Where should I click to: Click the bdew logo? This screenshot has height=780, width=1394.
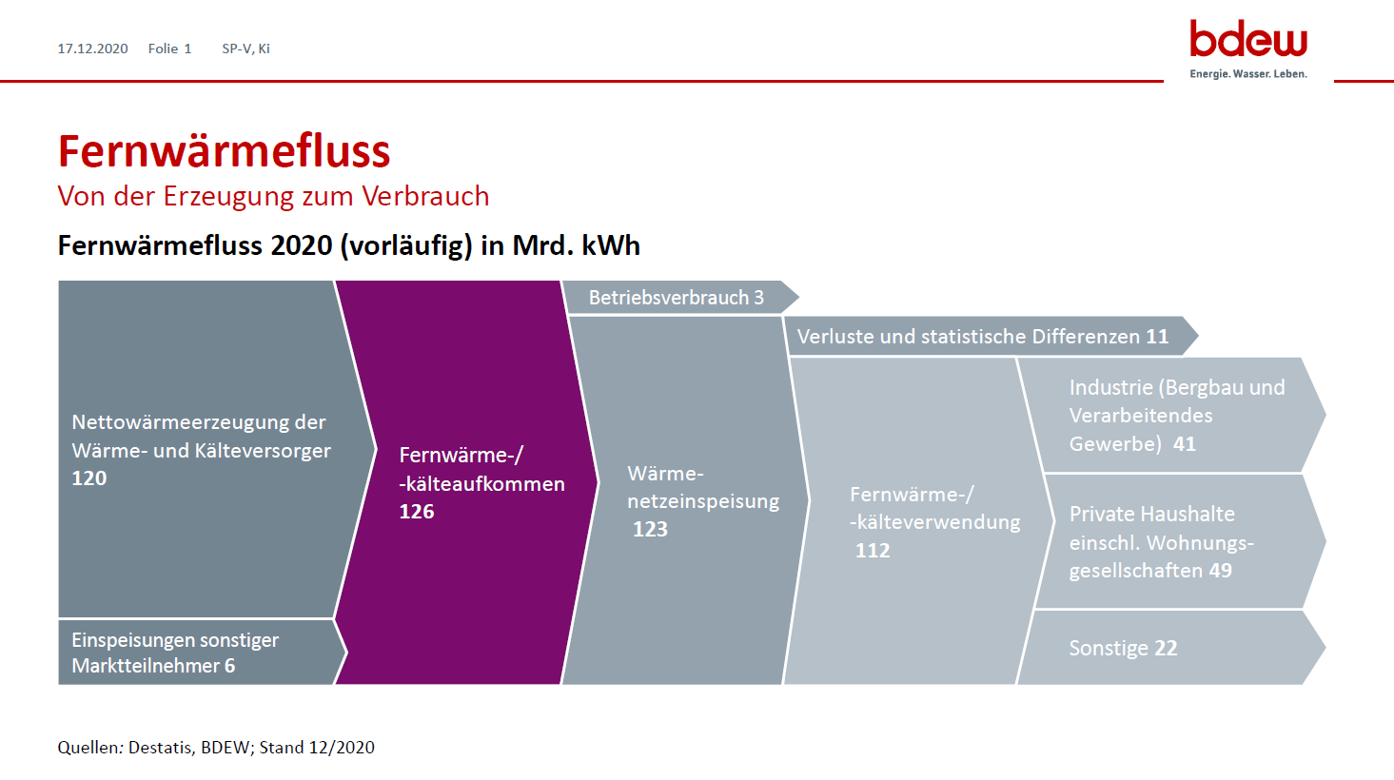[x=1248, y=49]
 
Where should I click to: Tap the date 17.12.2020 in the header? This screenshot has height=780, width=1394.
[x=92, y=49]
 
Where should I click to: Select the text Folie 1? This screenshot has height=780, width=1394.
[x=170, y=49]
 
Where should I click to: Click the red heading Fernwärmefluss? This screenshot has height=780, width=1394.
[x=224, y=151]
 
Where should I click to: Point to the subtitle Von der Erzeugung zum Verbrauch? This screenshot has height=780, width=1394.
[x=273, y=196]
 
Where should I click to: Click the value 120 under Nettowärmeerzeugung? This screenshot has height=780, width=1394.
[x=89, y=478]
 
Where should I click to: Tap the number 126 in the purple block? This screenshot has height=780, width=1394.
[x=417, y=512]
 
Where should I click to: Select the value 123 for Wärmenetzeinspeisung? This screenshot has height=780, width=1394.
[x=650, y=529]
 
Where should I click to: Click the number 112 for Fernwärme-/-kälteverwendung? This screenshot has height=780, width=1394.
[x=873, y=551]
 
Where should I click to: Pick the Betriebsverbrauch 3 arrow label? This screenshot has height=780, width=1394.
[x=676, y=298]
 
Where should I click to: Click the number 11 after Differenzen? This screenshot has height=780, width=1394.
[x=1157, y=337]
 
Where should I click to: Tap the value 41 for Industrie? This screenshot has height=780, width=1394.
[x=1185, y=444]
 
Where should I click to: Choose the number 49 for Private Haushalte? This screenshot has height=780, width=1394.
[x=1221, y=571]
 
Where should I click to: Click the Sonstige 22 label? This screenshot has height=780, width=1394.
[x=1124, y=648]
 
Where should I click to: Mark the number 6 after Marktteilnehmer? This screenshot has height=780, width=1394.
[x=229, y=666]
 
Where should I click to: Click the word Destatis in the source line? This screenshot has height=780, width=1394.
[x=160, y=747]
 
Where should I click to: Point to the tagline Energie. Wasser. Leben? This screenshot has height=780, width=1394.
[x=1248, y=74]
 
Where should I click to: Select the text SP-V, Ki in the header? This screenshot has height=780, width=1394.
[x=245, y=49]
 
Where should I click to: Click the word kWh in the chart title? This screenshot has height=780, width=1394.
[x=611, y=245]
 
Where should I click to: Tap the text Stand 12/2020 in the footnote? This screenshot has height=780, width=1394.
[x=317, y=747]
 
